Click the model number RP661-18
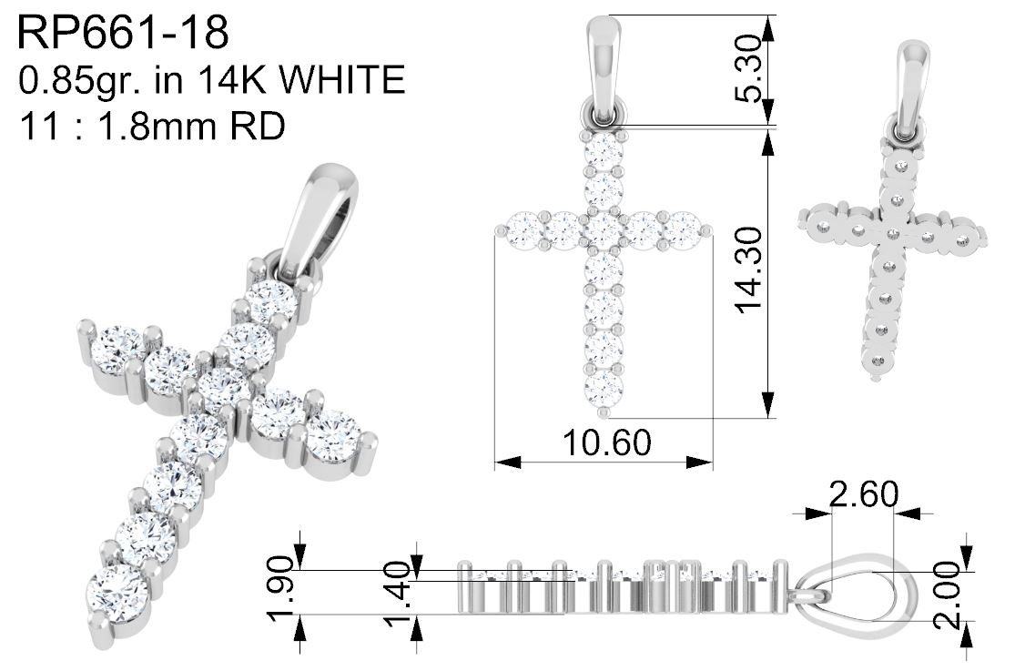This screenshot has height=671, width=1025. coord(123,33)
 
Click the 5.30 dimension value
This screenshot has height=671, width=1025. coord(748,69)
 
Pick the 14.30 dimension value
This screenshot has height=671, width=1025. coord(748,270)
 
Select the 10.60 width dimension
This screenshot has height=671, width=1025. coord(606,442)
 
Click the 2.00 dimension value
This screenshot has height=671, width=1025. coord(948,595)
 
